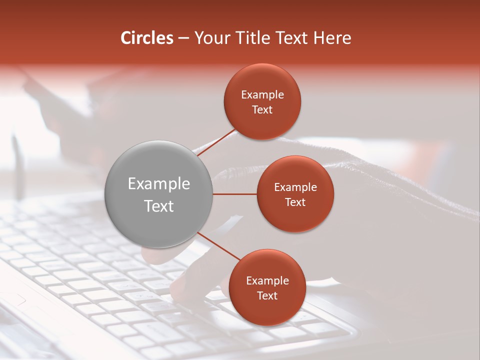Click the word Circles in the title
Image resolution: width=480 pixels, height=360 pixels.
pos(146,38)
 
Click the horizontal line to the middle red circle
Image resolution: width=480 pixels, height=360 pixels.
pos(234,194)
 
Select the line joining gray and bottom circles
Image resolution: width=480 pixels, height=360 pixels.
pos(219,246)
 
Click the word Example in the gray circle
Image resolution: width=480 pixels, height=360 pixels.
pos(159,184)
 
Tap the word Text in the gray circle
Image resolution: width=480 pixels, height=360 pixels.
pos(159,206)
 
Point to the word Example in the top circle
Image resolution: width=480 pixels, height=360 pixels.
pos(262,95)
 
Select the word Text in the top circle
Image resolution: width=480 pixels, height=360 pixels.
pos(262,110)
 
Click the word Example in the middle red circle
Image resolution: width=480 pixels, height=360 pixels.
pos(295,187)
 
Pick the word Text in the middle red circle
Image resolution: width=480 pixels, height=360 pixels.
pos(295,202)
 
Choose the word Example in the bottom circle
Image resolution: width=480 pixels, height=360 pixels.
pos(267,281)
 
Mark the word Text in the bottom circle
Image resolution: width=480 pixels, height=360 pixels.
pos(267,295)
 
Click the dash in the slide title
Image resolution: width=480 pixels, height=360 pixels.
pos(183,38)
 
